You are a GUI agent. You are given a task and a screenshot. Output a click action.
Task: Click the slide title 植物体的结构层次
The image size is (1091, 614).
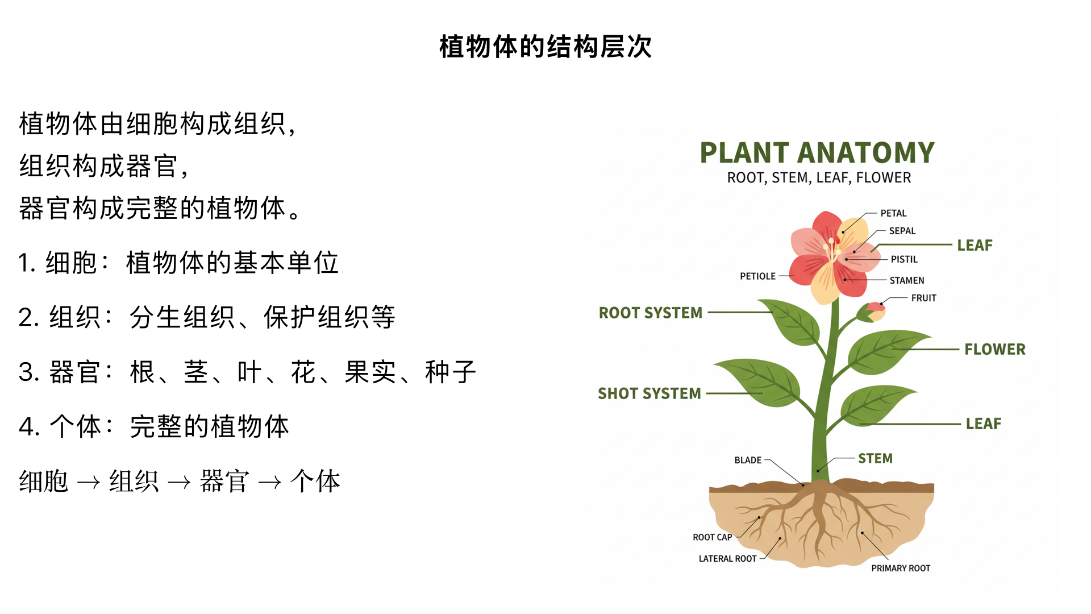click(545, 47)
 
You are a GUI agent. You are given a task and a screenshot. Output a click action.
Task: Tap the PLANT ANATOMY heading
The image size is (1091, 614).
click(817, 153)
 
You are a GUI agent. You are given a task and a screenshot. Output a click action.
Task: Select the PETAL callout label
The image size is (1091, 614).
click(893, 213)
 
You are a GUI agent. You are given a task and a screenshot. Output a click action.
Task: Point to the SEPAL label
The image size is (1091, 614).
click(902, 231)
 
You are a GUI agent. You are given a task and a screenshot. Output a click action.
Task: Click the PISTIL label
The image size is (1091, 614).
click(904, 259)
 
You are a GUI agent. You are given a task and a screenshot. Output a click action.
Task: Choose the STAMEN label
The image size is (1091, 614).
click(907, 280)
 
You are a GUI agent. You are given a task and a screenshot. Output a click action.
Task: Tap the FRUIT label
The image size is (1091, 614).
click(923, 298)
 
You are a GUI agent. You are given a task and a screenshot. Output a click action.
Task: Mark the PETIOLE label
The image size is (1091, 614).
click(757, 276)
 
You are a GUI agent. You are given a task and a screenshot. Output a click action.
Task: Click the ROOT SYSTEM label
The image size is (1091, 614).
click(650, 313)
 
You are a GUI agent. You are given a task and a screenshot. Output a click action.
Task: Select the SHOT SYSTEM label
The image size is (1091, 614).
click(649, 393)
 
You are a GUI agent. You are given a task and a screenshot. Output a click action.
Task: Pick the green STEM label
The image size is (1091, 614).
click(875, 458)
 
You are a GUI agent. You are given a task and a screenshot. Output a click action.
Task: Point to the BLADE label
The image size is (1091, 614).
click(748, 460)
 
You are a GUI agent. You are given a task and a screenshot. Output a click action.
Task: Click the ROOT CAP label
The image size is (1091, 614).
click(712, 537)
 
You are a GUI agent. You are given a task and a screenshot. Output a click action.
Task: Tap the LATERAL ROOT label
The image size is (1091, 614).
click(727, 559)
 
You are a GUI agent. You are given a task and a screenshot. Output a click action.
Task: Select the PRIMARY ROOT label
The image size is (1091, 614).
click(901, 568)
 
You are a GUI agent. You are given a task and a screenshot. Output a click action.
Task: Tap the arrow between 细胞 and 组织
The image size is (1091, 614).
click(88, 483)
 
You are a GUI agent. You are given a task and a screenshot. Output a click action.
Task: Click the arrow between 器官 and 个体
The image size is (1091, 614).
click(269, 483)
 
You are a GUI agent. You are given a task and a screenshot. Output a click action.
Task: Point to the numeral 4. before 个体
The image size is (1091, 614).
click(28, 427)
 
